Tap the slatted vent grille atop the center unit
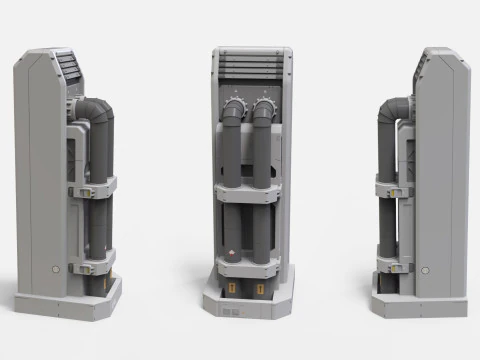(246, 70)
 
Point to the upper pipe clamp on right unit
(394, 185)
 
